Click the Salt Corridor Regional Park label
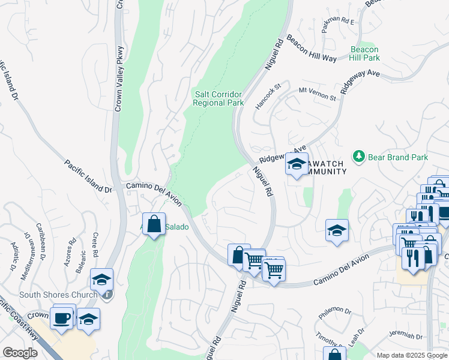(x=218, y=98)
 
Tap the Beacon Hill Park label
(x=365, y=53)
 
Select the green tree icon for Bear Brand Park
(x=359, y=157)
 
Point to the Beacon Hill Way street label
(x=311, y=49)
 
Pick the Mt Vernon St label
(x=317, y=93)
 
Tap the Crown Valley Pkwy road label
(x=120, y=78)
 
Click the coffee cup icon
(x=61, y=317)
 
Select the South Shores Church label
(x=58, y=295)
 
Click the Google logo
(x=20, y=352)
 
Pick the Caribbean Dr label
(x=41, y=241)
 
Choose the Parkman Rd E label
(x=338, y=28)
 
